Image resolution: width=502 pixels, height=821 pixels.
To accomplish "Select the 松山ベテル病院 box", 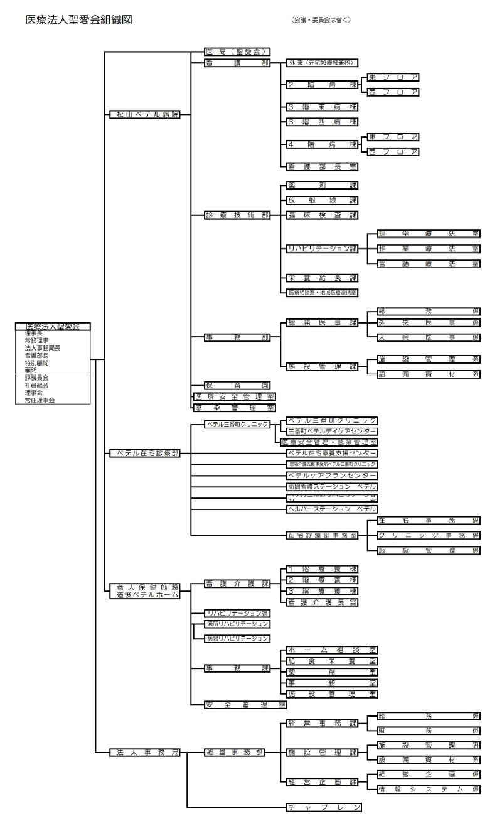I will click(144, 114).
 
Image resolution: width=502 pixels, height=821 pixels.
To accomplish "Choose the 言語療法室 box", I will click(429, 263).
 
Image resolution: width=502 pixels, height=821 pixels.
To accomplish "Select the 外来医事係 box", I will click(429, 323).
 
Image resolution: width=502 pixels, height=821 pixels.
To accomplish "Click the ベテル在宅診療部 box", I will click(144, 453).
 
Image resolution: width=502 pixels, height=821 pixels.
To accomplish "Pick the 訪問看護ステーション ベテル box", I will click(331, 487).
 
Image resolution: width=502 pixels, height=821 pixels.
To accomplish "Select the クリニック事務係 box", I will click(429, 535).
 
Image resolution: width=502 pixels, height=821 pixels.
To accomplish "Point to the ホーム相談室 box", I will click(331, 650).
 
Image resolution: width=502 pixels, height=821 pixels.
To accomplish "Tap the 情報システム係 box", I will click(429, 789).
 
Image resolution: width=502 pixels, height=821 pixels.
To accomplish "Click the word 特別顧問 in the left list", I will click(37, 362).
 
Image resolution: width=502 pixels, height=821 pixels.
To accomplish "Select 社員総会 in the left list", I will click(37, 385).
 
